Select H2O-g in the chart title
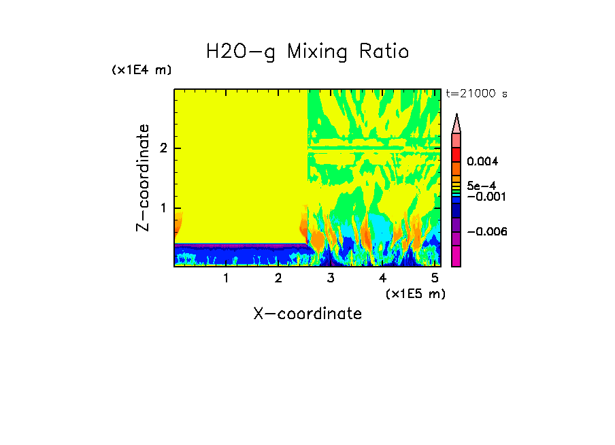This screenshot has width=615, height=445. tap(241, 52)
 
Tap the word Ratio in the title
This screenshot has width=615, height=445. tap(386, 52)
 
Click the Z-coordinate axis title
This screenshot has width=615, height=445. tap(143, 177)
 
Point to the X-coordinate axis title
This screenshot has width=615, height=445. tap(307, 314)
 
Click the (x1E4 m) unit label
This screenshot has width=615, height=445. tap(142, 70)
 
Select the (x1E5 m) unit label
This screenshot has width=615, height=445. tap(415, 293)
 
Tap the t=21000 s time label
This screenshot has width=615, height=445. tap(476, 94)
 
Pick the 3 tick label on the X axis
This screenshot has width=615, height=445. tap(331, 278)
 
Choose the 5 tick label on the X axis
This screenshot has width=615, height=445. tap(435, 278)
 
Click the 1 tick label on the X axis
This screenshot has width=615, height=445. tap(226, 278)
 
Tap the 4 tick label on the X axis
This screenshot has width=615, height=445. tap(382, 278)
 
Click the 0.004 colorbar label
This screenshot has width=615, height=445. tap(483, 161)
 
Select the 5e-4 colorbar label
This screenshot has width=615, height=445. tap(481, 186)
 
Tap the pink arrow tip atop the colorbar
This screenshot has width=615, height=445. tap(456, 123)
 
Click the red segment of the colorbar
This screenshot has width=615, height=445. tap(456, 154)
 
